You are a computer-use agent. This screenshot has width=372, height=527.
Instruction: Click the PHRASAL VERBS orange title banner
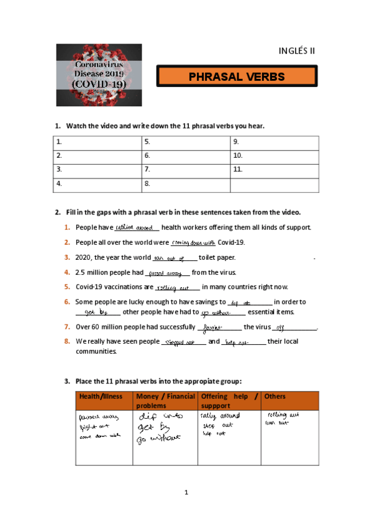(236, 77)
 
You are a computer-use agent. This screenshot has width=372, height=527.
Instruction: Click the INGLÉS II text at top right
(297, 50)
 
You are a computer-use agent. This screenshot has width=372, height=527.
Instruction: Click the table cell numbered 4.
(97, 183)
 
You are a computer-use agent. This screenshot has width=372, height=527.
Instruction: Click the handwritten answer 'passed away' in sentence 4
(165, 273)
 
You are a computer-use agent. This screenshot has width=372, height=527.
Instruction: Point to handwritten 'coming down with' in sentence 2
(193, 242)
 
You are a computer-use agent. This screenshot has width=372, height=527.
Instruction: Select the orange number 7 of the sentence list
(66, 327)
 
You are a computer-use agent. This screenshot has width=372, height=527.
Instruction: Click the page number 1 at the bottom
(186, 493)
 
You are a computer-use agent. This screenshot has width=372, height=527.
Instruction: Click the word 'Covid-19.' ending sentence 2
(232, 242)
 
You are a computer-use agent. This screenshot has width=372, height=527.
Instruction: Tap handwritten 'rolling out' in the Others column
(283, 414)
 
